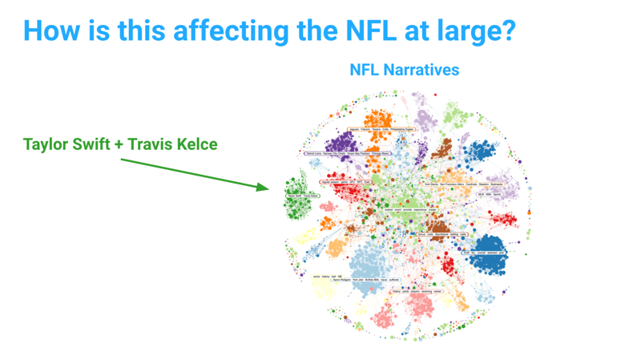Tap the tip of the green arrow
[267, 188]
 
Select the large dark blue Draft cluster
[497, 256]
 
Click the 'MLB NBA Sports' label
[486, 193]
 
